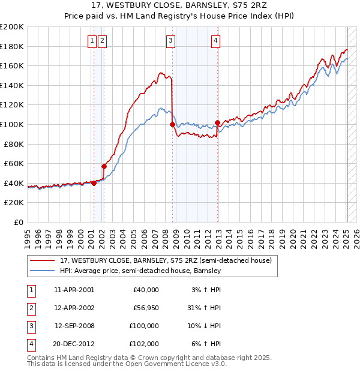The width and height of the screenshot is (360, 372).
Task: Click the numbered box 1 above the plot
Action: pos(92,41)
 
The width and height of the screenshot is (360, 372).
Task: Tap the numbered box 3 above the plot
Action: pos(171,41)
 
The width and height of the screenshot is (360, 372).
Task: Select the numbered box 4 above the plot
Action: pos(215,41)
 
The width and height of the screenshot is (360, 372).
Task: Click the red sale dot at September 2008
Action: pos(172,124)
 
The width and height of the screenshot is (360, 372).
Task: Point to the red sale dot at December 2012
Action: pos(217,122)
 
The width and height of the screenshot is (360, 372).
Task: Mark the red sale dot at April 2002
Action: pos(104,166)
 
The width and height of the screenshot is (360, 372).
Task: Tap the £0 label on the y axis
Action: pos(18,222)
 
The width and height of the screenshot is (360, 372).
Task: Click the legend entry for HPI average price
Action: pos(140,271)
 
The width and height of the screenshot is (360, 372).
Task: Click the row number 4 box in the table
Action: pos(31,344)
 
